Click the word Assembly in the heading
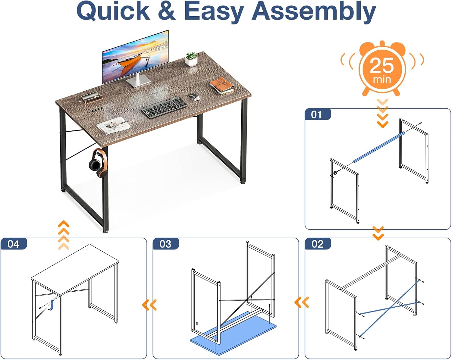pos(314,11)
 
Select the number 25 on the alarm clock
pos(382,65)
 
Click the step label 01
pos(316,115)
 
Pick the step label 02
pos(318,244)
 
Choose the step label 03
pos(165,244)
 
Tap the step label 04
pos(14,244)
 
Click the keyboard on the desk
pos(164,107)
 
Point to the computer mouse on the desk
pos(194,97)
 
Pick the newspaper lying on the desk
pos(113,125)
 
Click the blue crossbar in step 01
pos(379,147)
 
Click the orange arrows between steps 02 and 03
pos(302,302)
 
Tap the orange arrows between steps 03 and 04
pos(149,305)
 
